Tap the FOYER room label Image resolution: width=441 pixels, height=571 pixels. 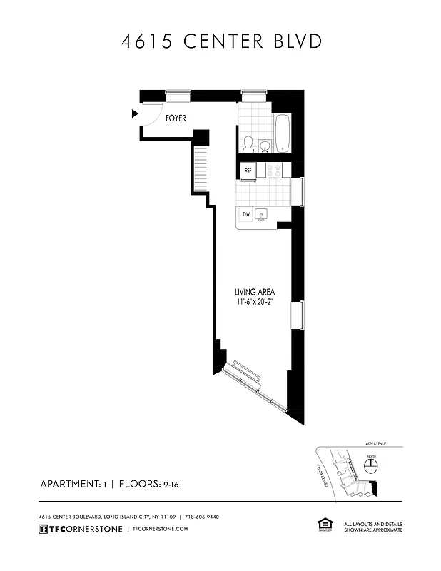pos(176,118)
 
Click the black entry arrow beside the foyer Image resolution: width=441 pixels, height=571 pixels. pos(134,113)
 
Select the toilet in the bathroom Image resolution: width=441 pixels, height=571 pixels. pos(248,144)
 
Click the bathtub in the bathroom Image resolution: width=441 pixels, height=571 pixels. pos(282,133)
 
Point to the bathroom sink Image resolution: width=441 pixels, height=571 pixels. pos(265,146)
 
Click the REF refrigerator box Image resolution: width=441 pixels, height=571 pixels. pos(248,171)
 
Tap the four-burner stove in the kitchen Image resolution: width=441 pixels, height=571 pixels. pos(273,171)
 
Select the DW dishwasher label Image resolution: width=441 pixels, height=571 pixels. pos(246,213)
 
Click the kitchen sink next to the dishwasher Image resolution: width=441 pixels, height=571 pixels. pos(262,213)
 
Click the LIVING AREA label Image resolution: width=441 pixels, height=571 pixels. pos(255,292)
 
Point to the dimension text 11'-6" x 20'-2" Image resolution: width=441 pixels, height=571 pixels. pos(255,302)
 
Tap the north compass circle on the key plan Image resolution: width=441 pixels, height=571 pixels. pos(371,466)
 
